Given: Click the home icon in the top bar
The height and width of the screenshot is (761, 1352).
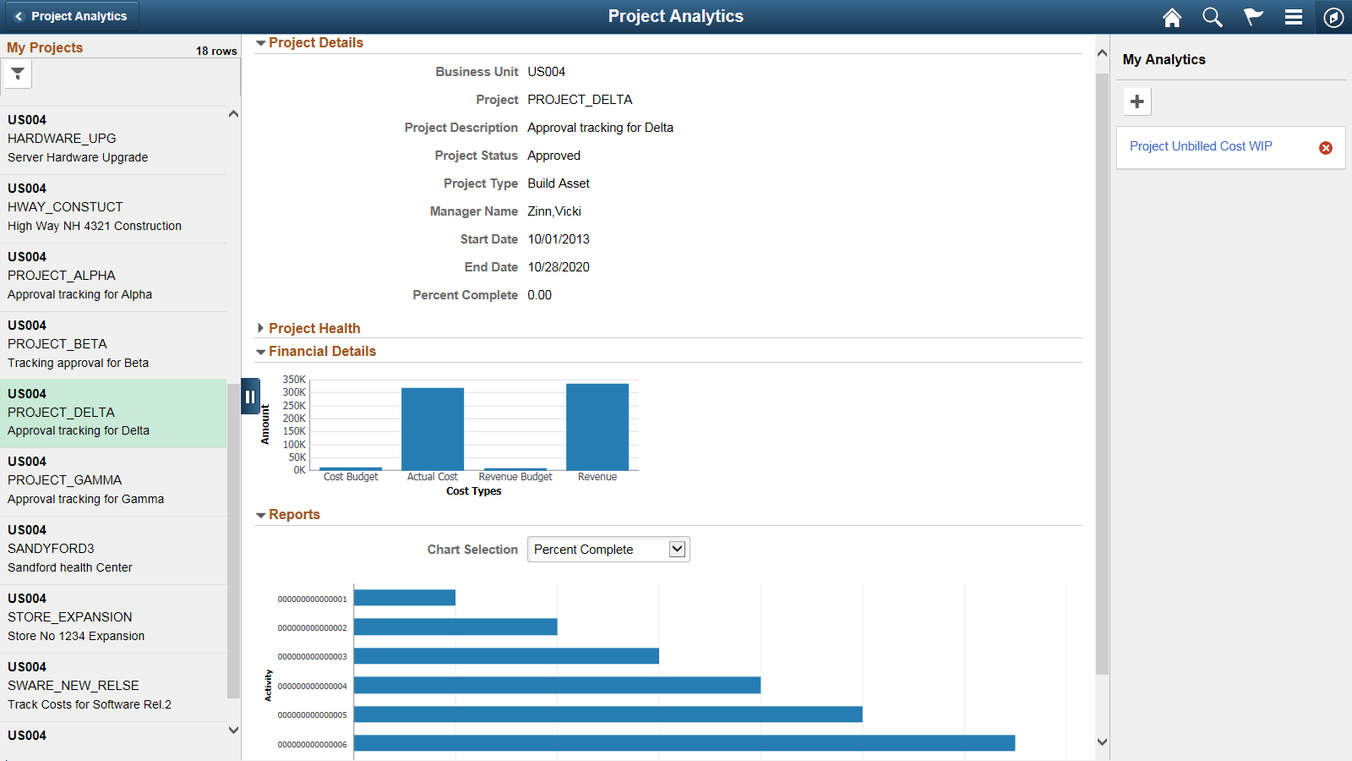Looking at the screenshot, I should pyautogui.click(x=1172, y=18).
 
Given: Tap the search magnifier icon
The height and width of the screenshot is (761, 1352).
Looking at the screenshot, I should pyautogui.click(x=1213, y=18).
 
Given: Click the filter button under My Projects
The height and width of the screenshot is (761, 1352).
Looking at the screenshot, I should pyautogui.click(x=18, y=74).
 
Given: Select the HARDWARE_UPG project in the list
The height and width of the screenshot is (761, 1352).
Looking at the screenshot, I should pyautogui.click(x=62, y=139).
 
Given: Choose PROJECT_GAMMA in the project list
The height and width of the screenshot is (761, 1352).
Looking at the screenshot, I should pyautogui.click(x=65, y=480).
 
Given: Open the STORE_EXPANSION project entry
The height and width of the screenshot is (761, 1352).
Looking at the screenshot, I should pyautogui.click(x=70, y=617).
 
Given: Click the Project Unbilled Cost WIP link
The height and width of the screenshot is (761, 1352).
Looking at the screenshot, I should pyautogui.click(x=1201, y=146).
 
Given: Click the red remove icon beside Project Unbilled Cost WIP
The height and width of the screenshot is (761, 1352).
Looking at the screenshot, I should pyautogui.click(x=1326, y=148).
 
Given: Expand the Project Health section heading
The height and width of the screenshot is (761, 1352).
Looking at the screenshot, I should pyautogui.click(x=313, y=328).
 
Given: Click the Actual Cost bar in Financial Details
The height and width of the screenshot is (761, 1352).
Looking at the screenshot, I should pyautogui.click(x=433, y=429).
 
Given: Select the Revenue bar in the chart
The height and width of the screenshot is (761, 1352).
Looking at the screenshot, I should pyautogui.click(x=597, y=427).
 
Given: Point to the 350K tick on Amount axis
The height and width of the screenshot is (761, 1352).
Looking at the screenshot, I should pyautogui.click(x=294, y=380).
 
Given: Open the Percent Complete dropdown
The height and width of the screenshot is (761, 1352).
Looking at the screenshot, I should pyautogui.click(x=608, y=550).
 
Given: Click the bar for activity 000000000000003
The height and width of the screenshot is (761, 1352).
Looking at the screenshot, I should pyautogui.click(x=506, y=656).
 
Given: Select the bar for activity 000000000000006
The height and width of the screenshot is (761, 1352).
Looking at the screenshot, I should pyautogui.click(x=684, y=743).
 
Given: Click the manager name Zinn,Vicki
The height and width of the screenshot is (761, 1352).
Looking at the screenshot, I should pyautogui.click(x=554, y=211).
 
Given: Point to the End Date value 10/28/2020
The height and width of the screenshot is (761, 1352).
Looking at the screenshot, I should pyautogui.click(x=559, y=267).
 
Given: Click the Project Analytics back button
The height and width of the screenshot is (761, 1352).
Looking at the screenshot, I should pyautogui.click(x=70, y=16).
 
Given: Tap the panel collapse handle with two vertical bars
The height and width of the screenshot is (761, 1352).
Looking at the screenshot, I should pyautogui.click(x=250, y=396).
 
